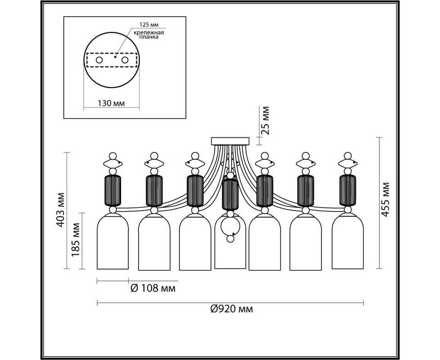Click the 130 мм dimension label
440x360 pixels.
111,103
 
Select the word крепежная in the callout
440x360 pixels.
149,32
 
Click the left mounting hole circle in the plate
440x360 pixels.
99,60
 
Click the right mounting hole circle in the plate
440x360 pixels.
125,60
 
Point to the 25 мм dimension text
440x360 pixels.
265,121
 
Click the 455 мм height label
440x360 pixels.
386,199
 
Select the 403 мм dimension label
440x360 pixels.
60,210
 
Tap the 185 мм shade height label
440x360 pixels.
75,239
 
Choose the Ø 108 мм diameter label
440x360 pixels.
153,288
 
